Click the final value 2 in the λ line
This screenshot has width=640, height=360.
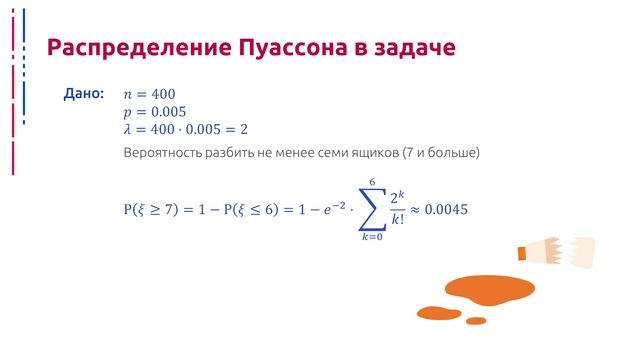click(244, 130)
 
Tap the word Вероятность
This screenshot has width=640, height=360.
click(163, 154)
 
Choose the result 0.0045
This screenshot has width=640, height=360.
click(446, 210)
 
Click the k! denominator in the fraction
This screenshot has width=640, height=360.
click(399, 220)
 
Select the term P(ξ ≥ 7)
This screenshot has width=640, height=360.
click(157, 210)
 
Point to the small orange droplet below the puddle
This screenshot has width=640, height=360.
click(476, 321)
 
